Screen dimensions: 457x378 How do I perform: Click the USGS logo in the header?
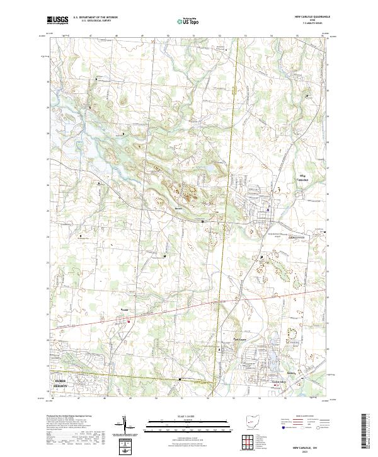click(x=57, y=21)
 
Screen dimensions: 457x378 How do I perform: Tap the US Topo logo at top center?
click(x=183, y=21)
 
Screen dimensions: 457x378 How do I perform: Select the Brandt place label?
click(x=124, y=309)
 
